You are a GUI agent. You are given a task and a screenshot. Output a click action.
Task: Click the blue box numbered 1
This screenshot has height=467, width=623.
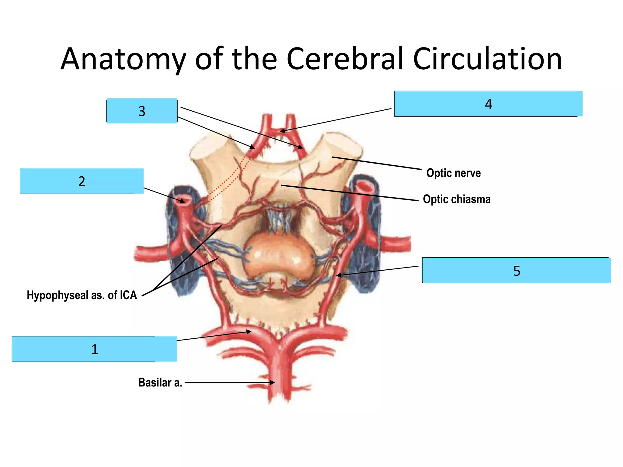coord(94,349)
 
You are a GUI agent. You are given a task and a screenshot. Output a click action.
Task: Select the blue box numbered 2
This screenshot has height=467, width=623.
coord(82,181)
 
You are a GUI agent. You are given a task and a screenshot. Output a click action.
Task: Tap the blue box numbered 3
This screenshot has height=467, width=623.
coord(142,111)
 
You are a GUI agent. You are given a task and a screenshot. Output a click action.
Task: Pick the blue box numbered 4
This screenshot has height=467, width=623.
coord(488,104)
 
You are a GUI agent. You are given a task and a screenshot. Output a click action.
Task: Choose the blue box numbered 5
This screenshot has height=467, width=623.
coord(517,271)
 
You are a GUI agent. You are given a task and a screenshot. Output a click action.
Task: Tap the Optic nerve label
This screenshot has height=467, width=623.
coord(453,173)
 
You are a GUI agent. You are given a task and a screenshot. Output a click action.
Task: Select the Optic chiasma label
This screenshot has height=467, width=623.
coord(457,199)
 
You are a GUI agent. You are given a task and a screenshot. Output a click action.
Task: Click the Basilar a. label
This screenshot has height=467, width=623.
coord(160,382)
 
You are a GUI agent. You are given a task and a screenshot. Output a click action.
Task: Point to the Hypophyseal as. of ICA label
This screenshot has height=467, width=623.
coord(82,295)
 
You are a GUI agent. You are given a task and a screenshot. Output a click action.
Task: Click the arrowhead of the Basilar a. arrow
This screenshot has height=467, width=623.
coord(273,382)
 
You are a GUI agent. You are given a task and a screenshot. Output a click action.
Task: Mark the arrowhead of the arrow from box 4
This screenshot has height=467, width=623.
coord(282,131)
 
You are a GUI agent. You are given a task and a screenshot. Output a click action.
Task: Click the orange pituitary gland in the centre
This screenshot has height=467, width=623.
coord(278,255)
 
